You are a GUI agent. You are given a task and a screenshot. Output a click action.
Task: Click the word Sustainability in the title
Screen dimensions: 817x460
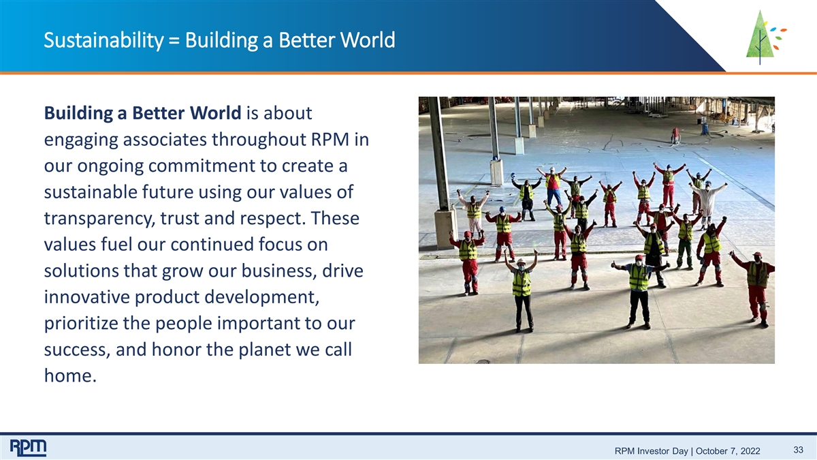click(104, 40)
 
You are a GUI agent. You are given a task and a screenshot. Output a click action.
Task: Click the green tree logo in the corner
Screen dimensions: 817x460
click(765, 37)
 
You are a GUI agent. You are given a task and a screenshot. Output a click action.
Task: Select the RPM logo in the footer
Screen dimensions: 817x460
click(28, 448)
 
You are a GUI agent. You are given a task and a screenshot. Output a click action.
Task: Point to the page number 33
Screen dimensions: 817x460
click(799, 449)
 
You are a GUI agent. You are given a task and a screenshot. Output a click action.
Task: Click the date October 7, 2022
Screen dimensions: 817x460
click(728, 451)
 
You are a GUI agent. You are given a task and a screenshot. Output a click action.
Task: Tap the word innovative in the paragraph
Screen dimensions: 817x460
click(87, 297)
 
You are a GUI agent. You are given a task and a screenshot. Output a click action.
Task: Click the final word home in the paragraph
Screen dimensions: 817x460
click(70, 375)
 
